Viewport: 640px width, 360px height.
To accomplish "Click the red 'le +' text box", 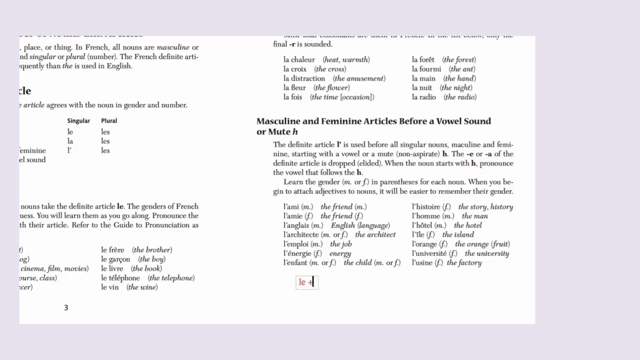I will pos(306,282).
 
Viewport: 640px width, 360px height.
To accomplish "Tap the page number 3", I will pos(65,307).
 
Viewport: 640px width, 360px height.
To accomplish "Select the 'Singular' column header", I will pos(78,120).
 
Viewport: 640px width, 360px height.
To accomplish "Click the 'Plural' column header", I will pos(109,120).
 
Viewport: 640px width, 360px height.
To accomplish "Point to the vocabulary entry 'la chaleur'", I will pos(299,59).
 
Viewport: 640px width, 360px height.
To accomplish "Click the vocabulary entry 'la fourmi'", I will pos(426,69).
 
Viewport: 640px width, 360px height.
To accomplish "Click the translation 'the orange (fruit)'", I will pos(482,244).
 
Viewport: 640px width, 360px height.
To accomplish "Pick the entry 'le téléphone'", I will pos(120,278).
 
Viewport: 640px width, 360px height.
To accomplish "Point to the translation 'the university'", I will pos(486,253).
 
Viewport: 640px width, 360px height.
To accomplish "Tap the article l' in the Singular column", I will pos(69,150).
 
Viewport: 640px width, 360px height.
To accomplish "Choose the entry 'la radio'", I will pos(424,97).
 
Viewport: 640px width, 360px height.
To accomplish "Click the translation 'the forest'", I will pos(459,59).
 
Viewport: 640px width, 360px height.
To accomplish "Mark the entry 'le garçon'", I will pos(115,259).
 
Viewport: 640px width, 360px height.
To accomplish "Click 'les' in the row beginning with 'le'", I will pos(105,132).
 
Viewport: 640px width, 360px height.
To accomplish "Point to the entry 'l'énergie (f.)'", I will pos(301,253).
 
